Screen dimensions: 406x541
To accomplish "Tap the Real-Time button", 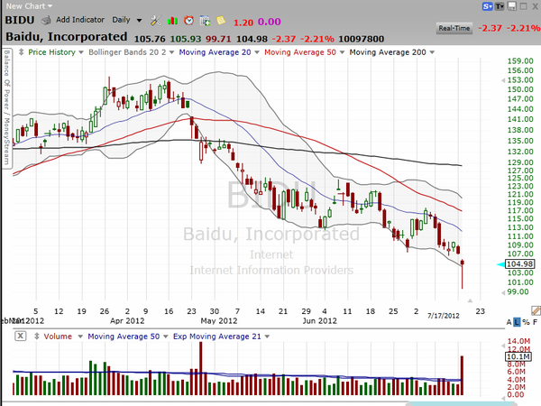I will click(454, 29).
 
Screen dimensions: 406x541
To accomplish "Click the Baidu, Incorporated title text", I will click(67, 37).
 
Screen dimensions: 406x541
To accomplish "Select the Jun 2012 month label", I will click(318, 320).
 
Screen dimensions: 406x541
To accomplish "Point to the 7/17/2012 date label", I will click(443, 316).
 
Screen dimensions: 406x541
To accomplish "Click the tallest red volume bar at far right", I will click(462, 375).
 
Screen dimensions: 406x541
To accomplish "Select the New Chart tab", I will click(23, 5).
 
